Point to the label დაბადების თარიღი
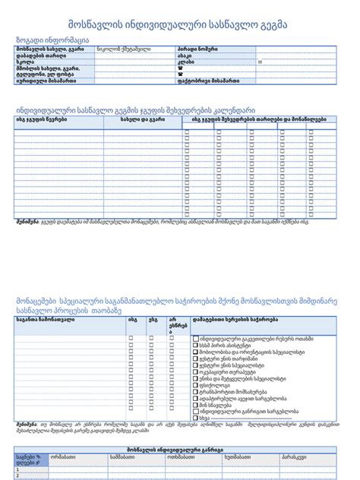(x=38, y=55)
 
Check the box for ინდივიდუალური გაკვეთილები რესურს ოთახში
(x=196, y=339)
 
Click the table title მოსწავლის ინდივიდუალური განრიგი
(x=180, y=450)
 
